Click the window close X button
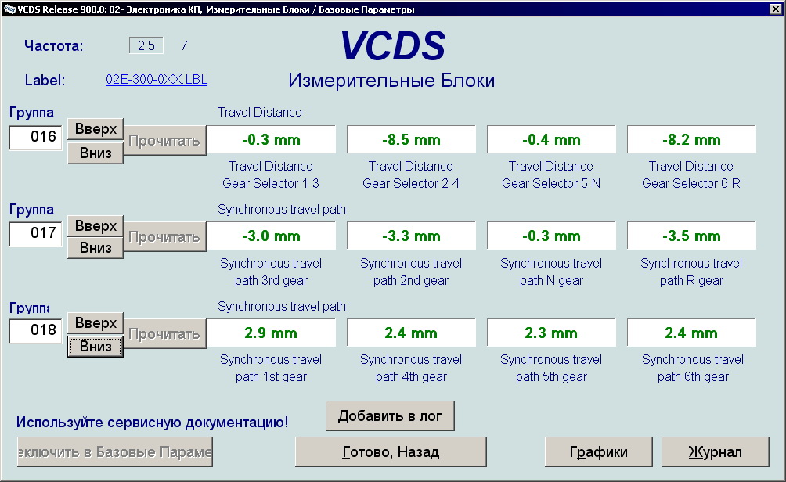click(775, 9)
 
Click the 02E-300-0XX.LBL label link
click(157, 80)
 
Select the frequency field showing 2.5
click(146, 45)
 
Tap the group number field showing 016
click(35, 137)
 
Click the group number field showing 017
click(35, 234)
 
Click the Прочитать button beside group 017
click(164, 237)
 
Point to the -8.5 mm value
click(411, 140)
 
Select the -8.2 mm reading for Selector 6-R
click(691, 140)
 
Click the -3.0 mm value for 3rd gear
click(271, 236)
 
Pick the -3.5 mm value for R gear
click(691, 236)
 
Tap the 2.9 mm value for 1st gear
click(271, 333)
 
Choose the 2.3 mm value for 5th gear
click(551, 333)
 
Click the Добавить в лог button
click(390, 415)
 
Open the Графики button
click(599, 452)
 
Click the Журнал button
click(716, 452)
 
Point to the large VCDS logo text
click(393, 45)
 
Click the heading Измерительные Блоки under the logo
click(391, 80)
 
